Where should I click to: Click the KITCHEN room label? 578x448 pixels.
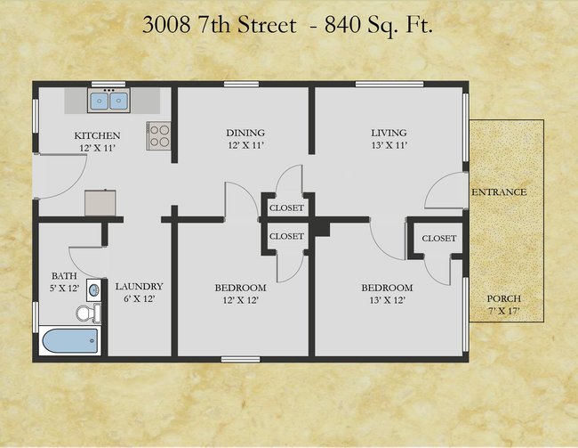click(97, 135)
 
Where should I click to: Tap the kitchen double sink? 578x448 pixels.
click(108, 100)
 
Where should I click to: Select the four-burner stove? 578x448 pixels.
click(159, 135)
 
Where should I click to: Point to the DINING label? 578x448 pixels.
click(245, 133)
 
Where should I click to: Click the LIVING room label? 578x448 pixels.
click(389, 133)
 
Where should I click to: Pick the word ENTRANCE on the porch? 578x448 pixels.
click(499, 192)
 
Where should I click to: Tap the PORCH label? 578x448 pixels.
click(504, 298)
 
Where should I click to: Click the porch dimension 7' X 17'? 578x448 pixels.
click(504, 311)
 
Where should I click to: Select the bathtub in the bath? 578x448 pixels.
click(69, 340)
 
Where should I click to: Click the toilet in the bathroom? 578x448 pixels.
click(89, 314)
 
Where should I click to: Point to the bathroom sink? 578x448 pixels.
click(94, 290)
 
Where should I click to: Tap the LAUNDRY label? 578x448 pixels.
click(139, 286)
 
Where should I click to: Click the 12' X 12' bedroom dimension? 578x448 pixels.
click(240, 300)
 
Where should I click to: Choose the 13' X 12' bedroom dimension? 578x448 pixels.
click(388, 300)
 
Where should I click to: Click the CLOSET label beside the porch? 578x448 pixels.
click(439, 239)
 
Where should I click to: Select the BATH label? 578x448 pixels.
click(64, 276)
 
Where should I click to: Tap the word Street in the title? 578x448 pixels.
click(267, 25)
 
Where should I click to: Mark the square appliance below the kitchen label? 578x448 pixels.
click(100, 203)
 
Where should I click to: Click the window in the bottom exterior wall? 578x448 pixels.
click(240, 359)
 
